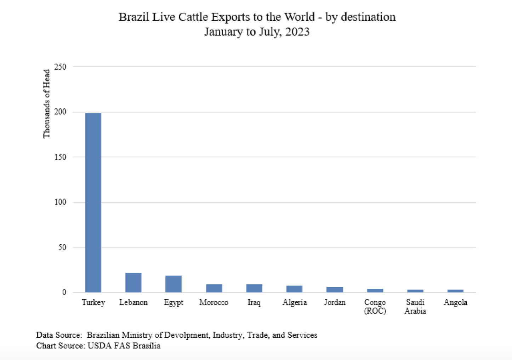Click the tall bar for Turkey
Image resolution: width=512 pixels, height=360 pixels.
point(93,202)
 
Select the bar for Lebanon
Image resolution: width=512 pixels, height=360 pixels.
point(133,282)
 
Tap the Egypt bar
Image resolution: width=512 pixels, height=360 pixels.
point(173,284)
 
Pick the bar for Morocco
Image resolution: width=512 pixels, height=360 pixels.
point(214,288)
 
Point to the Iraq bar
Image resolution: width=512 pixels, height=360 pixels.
point(254,288)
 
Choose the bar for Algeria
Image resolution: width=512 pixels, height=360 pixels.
point(294,289)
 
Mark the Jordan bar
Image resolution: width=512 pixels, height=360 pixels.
point(335,289)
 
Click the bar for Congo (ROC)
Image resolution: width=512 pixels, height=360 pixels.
point(375,291)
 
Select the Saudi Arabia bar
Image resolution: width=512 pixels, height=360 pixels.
point(415,291)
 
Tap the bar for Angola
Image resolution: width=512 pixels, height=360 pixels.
point(455,291)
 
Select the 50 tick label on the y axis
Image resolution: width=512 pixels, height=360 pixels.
point(62,247)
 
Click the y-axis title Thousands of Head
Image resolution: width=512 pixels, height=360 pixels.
point(46,103)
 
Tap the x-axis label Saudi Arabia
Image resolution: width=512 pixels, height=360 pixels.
point(415,306)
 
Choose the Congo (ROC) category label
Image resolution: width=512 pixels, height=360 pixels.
point(375,306)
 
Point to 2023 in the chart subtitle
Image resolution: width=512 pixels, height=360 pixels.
point(297,32)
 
